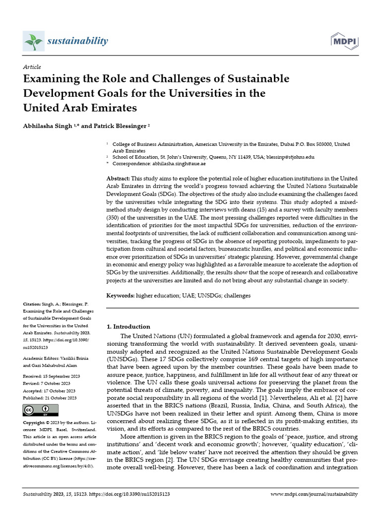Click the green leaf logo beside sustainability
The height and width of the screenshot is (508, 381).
34,40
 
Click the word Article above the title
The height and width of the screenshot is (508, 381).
32,67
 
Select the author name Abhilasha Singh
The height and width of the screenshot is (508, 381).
48,127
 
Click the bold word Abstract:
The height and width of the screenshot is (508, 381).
119,178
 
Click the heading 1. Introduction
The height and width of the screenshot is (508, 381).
128,326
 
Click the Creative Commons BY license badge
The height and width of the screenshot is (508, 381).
41,410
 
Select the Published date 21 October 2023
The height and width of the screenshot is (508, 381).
50,397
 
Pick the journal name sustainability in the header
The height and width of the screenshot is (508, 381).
77,40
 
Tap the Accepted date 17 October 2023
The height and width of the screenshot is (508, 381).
49,390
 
